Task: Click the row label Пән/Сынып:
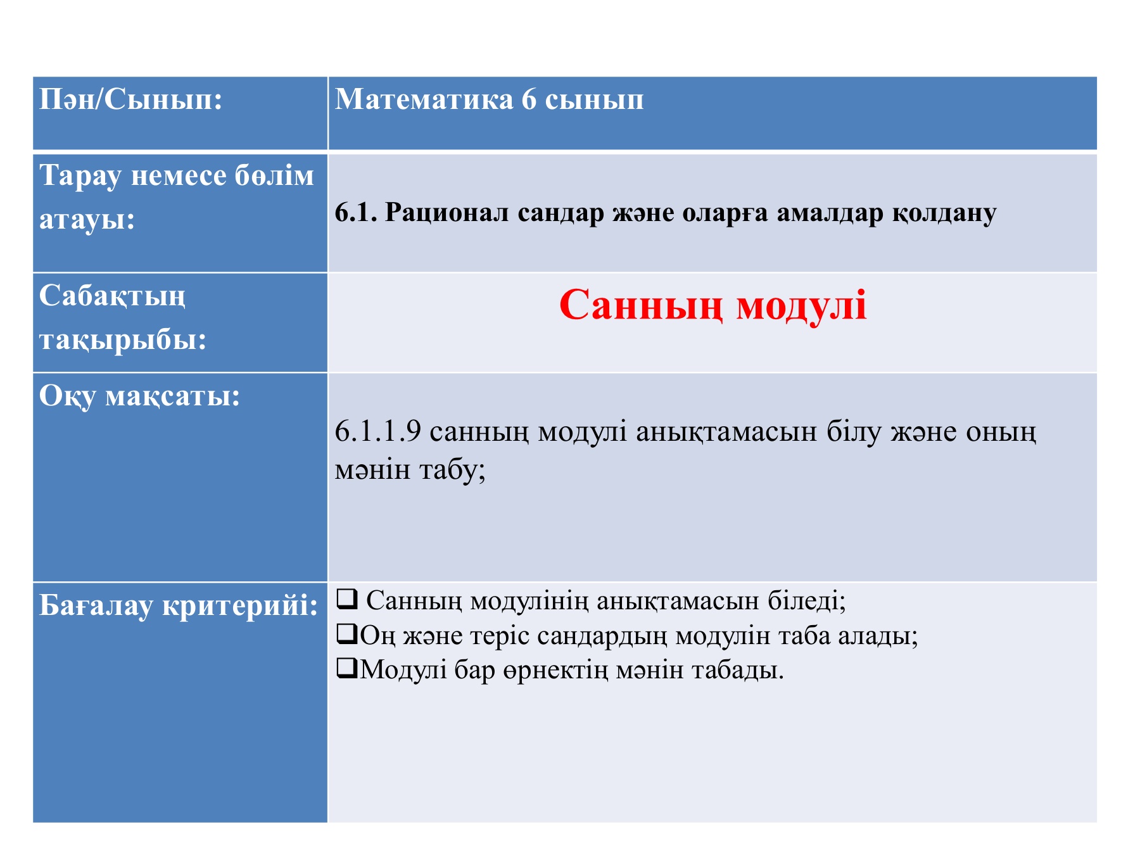click(131, 99)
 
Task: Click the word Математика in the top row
click(424, 99)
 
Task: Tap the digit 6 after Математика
click(529, 99)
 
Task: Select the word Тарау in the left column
click(80, 177)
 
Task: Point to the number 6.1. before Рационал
click(356, 213)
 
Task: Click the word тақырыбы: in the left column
click(123, 341)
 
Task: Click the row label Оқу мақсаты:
click(140, 397)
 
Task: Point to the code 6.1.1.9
click(378, 431)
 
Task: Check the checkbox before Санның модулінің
click(347, 598)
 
